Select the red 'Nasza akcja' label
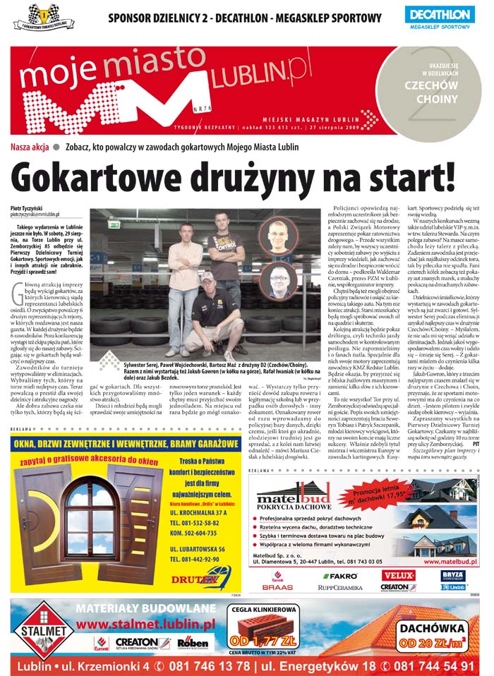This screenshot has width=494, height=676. [x=30, y=147]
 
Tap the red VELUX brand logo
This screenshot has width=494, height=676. [x=397, y=575]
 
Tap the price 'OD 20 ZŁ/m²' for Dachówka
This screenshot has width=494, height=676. [x=432, y=643]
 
